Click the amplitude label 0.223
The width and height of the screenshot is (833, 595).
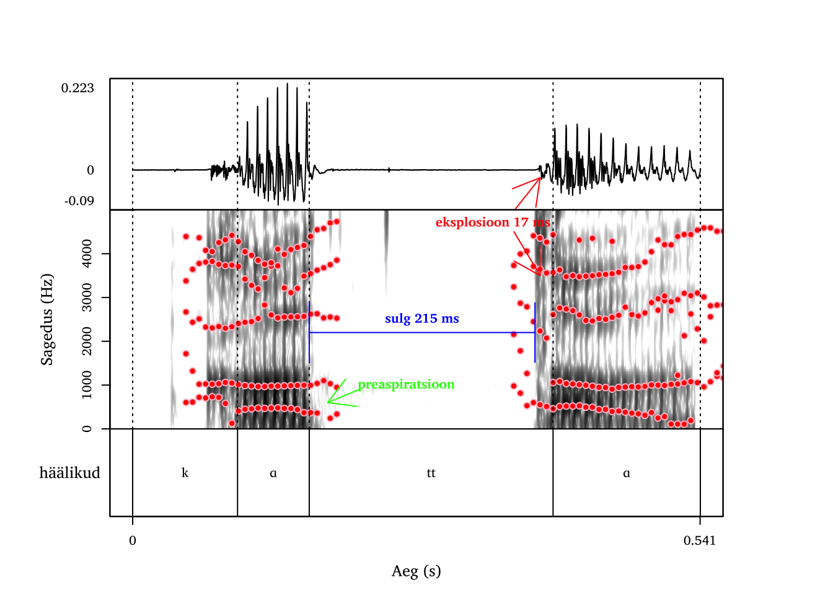(77, 88)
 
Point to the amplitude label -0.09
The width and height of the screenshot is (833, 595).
(79, 201)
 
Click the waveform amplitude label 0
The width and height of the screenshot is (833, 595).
(90, 170)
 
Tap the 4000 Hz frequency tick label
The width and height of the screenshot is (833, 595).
(87, 253)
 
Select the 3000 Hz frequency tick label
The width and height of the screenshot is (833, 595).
(87, 297)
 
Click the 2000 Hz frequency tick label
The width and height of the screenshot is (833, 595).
(87, 341)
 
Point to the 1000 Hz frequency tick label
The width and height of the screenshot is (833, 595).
(87, 385)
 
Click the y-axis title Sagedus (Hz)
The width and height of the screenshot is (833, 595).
(47, 319)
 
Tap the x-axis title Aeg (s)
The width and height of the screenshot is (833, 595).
(416, 571)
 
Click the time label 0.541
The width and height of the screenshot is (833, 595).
(700, 540)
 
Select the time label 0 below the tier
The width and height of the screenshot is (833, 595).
(133, 540)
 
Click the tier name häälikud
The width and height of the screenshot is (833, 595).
(69, 473)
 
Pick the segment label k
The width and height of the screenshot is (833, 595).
(185, 473)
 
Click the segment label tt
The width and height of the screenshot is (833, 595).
(431, 473)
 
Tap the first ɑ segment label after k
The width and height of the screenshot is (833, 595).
(273, 473)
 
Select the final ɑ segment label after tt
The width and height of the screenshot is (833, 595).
(626, 473)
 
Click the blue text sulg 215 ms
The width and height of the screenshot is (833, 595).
(421, 319)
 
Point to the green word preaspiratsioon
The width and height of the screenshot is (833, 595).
(406, 384)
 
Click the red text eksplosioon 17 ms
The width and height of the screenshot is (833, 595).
(492, 222)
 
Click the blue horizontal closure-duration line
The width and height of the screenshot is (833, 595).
(421, 333)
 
